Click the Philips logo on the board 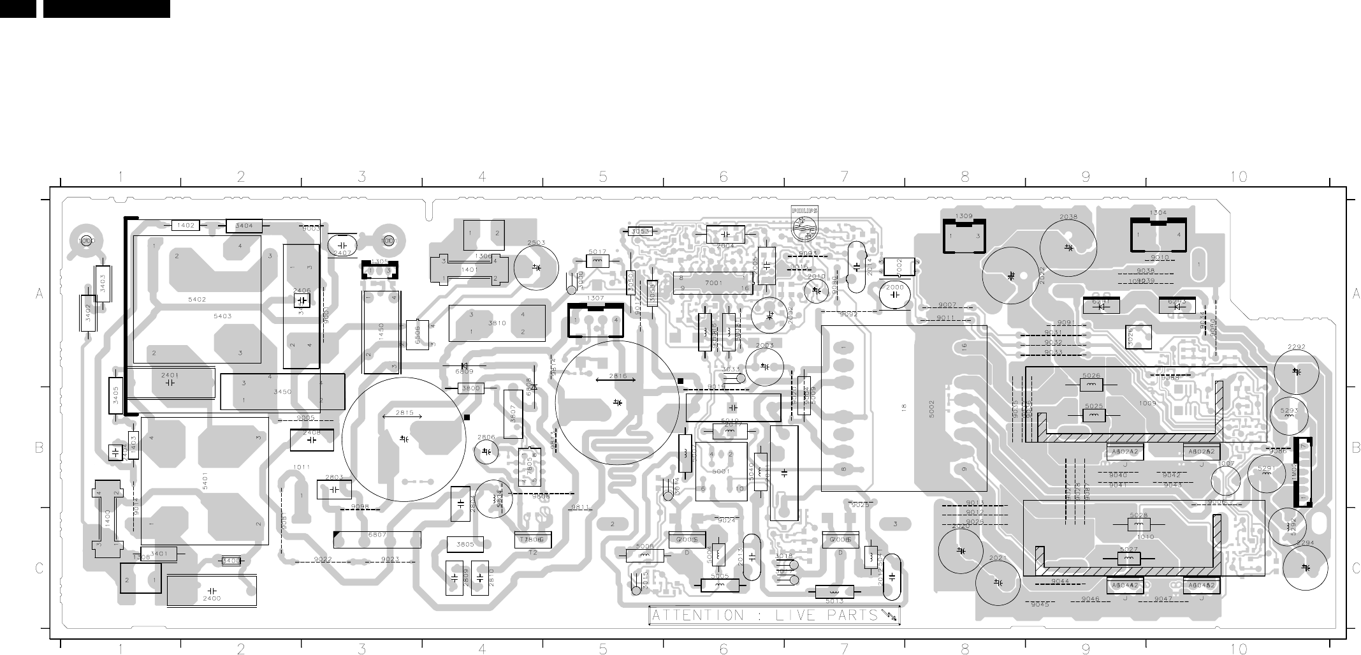click(x=804, y=223)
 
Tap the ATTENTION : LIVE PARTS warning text click(x=773, y=615)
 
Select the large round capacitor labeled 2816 click(x=617, y=402)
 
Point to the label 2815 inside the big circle click(x=404, y=413)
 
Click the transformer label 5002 click(x=931, y=408)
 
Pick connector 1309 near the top click(x=964, y=235)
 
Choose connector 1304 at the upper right click(x=1158, y=234)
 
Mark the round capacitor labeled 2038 click(x=1068, y=248)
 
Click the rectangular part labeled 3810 click(x=497, y=323)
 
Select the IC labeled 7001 click(x=713, y=283)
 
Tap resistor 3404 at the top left click(x=244, y=226)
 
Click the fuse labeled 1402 click(x=186, y=226)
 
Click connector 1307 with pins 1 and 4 click(x=595, y=320)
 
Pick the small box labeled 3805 click(x=465, y=545)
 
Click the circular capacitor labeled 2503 click(x=536, y=267)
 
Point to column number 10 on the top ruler click(x=1238, y=177)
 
